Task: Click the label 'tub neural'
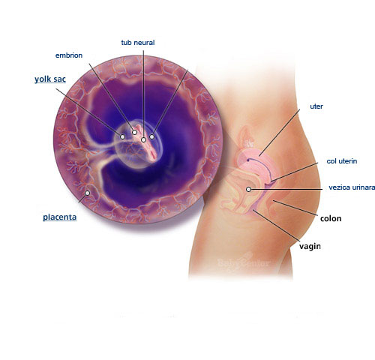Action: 138,43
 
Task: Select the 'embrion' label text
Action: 69,55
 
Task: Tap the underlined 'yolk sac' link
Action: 50,79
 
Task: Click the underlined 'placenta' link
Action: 60,217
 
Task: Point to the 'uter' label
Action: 316,106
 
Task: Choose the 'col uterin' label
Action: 342,161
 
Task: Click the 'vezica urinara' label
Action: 352,187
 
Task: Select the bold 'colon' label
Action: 331,218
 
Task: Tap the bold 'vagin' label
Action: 310,246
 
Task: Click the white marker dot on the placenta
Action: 87,193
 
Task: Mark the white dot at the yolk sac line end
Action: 122,136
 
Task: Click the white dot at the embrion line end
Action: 134,132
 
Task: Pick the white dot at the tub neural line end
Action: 143,139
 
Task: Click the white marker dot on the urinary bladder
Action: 248,189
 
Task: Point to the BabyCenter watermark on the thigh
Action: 244,263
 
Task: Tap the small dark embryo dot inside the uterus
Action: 248,160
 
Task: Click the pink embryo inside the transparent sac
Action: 147,143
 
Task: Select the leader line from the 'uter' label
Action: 279,133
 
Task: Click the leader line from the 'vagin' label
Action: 276,226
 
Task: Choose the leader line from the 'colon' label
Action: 295,208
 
